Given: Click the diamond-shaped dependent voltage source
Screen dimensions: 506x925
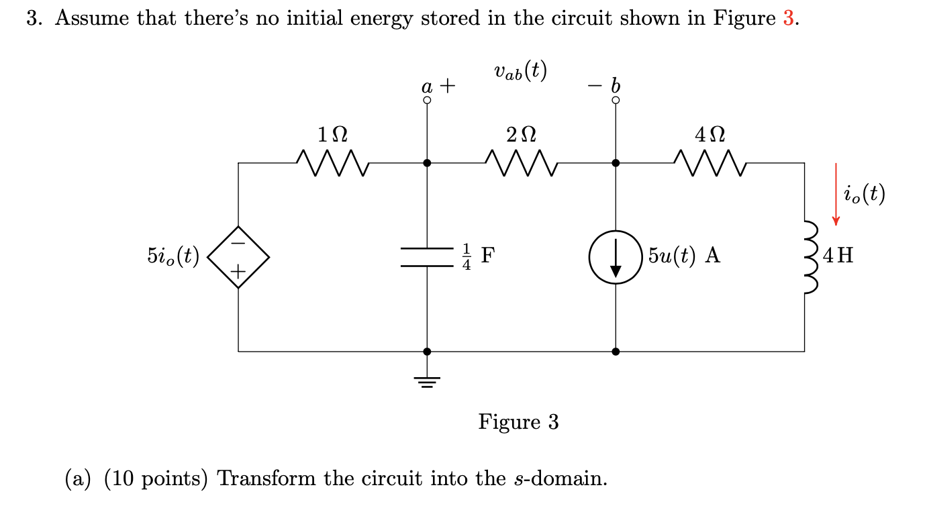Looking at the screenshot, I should coord(238,256).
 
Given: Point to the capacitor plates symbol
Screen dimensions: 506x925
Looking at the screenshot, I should coord(427,257).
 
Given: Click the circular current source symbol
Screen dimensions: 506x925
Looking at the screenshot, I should coord(615,256).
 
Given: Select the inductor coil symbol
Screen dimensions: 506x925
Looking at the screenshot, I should coord(809,257).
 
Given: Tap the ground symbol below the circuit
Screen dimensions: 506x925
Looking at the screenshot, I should coord(427,381).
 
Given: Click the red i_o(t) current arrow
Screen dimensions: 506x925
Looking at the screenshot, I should coord(836,193).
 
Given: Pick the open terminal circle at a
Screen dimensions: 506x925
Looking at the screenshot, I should coord(427,101).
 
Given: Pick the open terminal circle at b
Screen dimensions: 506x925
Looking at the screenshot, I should coord(616,101).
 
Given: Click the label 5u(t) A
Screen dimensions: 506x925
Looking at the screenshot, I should coord(684,256).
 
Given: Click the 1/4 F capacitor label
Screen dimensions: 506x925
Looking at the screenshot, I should coord(479,256).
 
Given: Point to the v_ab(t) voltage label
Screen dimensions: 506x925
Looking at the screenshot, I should coord(520,70).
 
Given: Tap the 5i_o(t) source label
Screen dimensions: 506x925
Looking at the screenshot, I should coord(173,256).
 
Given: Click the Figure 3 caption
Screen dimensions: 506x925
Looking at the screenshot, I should coord(518,421).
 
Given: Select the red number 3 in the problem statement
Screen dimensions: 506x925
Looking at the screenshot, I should coord(789,18).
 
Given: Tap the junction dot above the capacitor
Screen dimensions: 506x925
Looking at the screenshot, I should coord(427,163).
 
